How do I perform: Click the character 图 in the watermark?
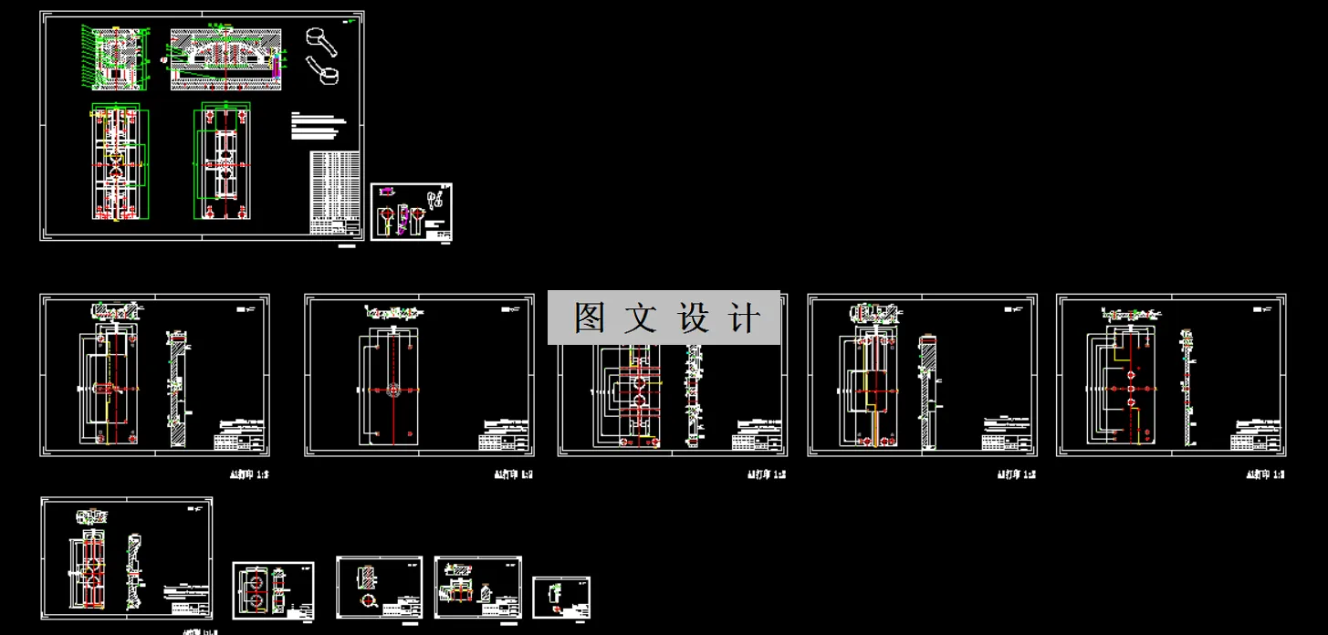(590, 318)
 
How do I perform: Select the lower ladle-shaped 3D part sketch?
(322, 69)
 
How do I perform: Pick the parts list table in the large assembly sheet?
(334, 193)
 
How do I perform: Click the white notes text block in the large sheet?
(319, 126)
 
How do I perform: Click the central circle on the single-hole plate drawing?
(393, 390)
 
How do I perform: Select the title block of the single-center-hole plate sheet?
(505, 437)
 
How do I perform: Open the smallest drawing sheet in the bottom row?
(561, 598)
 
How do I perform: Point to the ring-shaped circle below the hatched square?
(369, 601)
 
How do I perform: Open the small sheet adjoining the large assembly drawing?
(412, 212)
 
